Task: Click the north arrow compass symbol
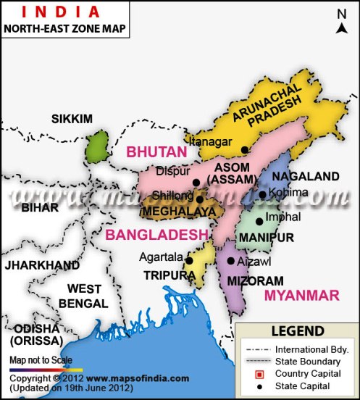tap(343, 22)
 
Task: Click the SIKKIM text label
tap(72, 118)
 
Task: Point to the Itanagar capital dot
tap(245, 149)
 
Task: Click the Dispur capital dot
tap(196, 183)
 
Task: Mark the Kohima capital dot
tap(262, 194)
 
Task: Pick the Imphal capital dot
tap(259, 222)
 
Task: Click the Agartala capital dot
tap(188, 260)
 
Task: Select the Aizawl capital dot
tap(230, 261)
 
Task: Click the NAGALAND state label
tap(311, 176)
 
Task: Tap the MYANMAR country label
tap(301, 294)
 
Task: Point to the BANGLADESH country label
tap(152, 235)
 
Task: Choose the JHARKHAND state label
tap(42, 264)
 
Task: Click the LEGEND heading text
tap(298, 332)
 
